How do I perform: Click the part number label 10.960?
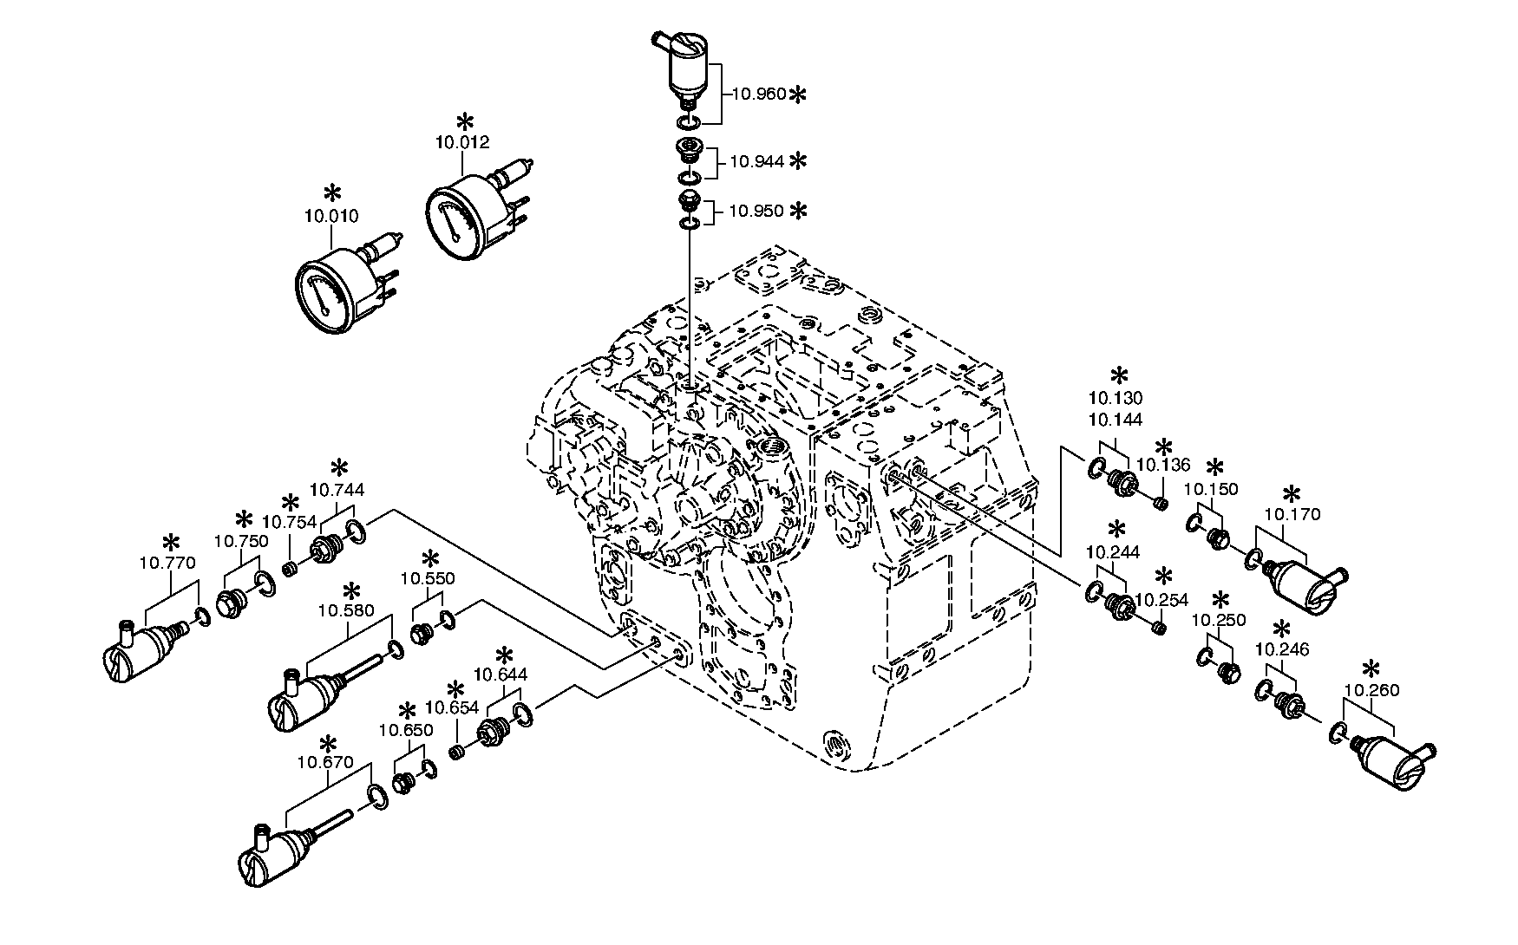[759, 94]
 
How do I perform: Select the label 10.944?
[756, 161]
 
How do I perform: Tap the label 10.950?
[756, 211]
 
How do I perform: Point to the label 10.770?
[167, 563]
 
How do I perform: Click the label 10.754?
[289, 522]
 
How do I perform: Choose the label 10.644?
[501, 674]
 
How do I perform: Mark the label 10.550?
[427, 578]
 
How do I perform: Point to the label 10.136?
[1163, 466]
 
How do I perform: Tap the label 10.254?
[1161, 600]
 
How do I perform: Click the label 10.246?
[1282, 649]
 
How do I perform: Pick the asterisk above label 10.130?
[1119, 375]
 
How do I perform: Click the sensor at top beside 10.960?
[687, 65]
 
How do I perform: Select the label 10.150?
[1211, 490]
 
